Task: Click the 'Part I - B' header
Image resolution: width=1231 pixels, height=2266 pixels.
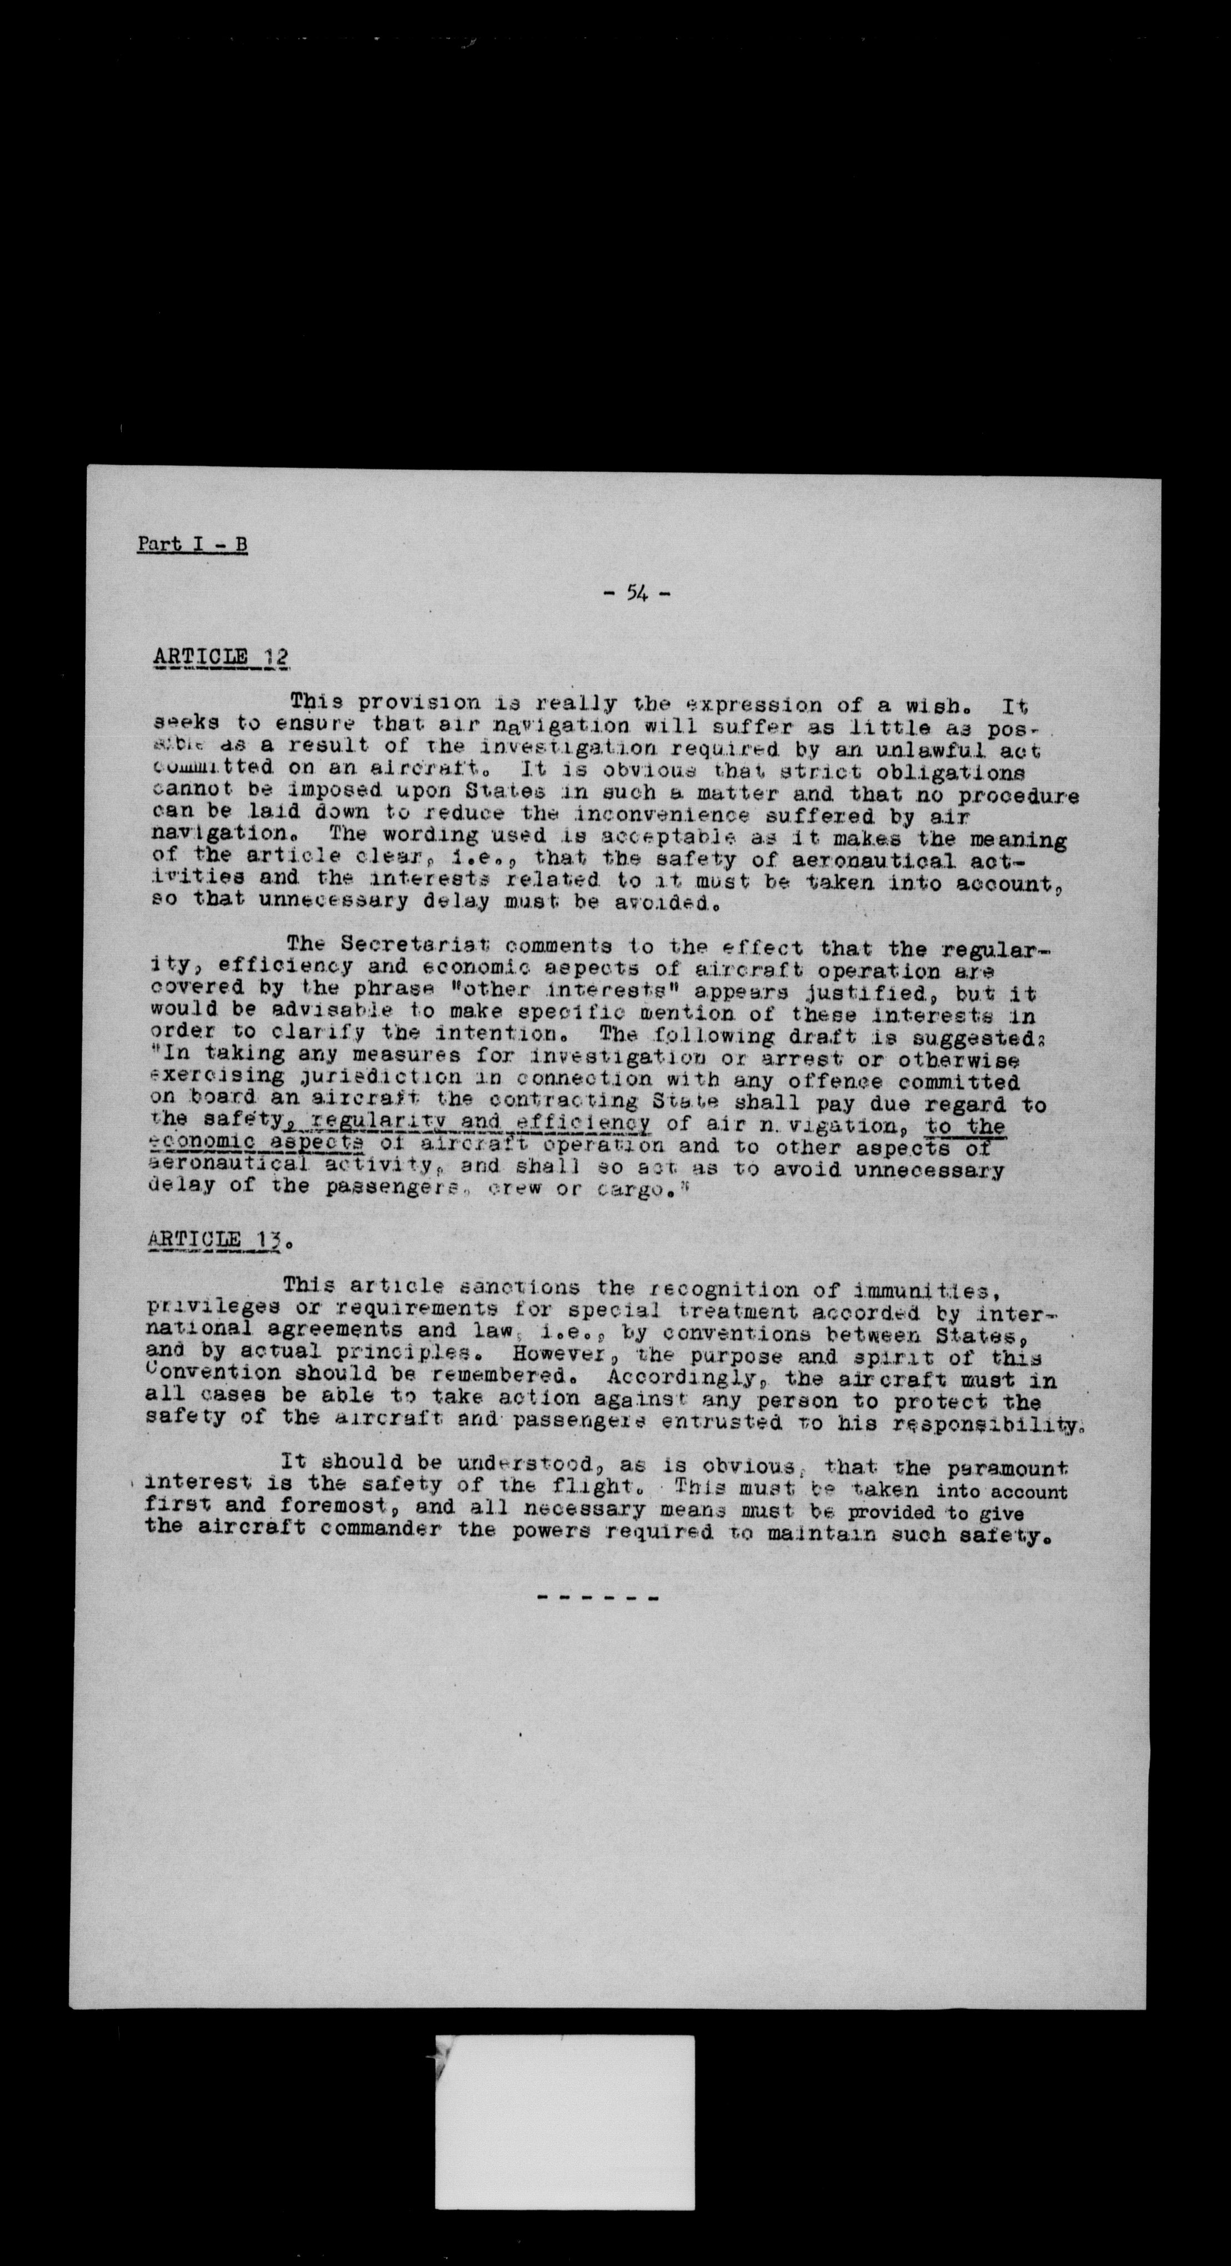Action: coord(192,544)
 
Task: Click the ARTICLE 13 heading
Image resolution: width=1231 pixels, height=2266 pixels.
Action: coord(216,1240)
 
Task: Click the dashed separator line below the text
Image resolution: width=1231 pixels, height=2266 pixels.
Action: coord(598,1597)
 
